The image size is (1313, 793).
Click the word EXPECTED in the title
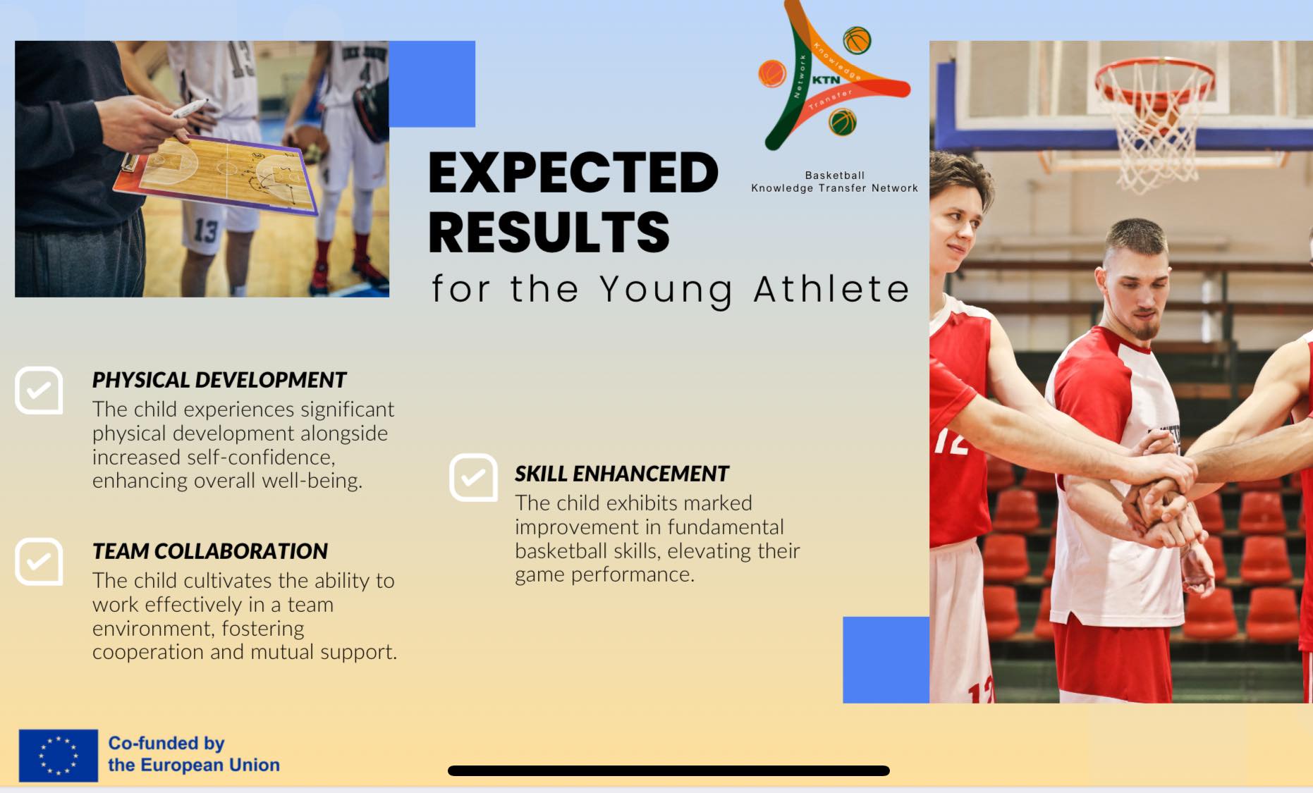pyautogui.click(x=573, y=173)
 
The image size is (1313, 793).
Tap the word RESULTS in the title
pyautogui.click(x=549, y=232)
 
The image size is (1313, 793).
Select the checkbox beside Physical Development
pyautogui.click(x=39, y=391)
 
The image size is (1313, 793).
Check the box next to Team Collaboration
pyautogui.click(x=39, y=562)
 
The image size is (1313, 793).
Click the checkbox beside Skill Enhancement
pyautogui.click(x=473, y=477)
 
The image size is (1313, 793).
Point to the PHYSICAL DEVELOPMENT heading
pyautogui.click(x=219, y=380)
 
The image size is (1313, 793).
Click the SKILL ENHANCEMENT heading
pyautogui.click(x=621, y=474)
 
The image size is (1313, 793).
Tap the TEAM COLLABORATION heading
pyautogui.click(x=210, y=551)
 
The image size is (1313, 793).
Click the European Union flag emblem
pyautogui.click(x=59, y=756)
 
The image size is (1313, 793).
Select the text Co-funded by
pyautogui.click(x=166, y=743)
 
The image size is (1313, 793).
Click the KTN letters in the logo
pyautogui.click(x=826, y=80)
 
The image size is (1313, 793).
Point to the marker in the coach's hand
pyautogui.click(x=189, y=109)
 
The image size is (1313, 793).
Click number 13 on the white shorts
pyautogui.click(x=206, y=231)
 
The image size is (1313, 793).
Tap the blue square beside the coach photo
pyautogui.click(x=432, y=84)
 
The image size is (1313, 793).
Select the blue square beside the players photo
pyautogui.click(x=886, y=660)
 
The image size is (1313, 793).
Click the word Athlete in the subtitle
pyautogui.click(x=832, y=289)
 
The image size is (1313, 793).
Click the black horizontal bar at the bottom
pyautogui.click(x=668, y=770)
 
